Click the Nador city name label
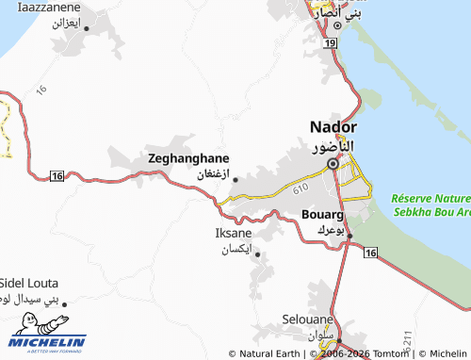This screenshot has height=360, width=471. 333,128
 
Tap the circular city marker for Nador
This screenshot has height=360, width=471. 333,164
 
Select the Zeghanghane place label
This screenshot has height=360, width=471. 189,159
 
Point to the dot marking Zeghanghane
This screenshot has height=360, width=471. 235,179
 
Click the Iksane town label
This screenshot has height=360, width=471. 234,233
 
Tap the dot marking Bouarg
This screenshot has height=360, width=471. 349,235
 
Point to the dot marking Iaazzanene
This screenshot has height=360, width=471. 88,28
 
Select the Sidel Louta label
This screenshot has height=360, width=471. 28,283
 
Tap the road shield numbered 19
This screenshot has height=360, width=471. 329,43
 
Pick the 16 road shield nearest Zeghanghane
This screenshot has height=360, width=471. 57,176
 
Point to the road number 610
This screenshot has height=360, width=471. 300,190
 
